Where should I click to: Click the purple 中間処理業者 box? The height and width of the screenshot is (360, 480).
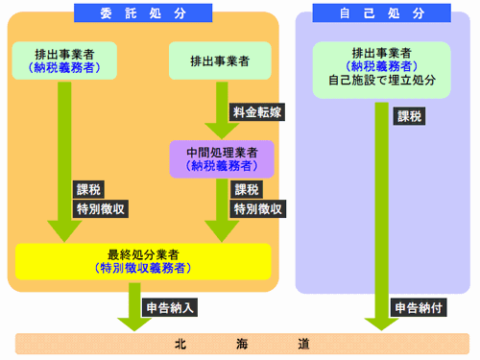(x=222, y=157)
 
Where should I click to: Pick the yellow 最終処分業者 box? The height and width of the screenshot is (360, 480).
(x=143, y=260)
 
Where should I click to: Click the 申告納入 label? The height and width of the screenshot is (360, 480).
(x=170, y=308)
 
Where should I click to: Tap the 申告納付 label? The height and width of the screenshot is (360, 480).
(x=420, y=308)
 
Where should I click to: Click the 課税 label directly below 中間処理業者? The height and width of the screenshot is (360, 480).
(x=247, y=189)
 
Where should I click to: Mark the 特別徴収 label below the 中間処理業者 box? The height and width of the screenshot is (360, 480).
(x=256, y=208)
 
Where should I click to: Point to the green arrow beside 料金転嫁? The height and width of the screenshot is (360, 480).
(x=222, y=110)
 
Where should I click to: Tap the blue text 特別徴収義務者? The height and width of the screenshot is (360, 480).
(x=143, y=268)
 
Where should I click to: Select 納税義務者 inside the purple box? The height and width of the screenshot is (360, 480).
(x=222, y=165)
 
